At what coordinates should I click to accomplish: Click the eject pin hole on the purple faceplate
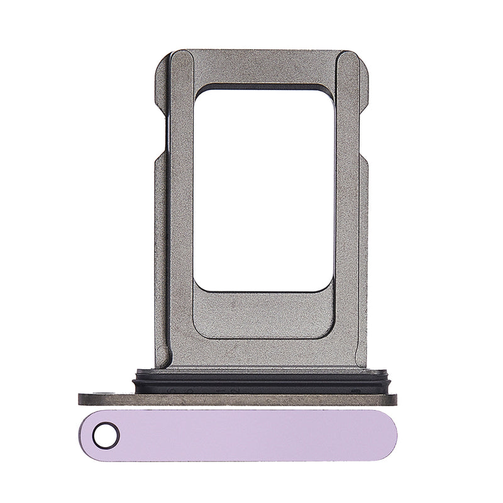(x=105, y=434)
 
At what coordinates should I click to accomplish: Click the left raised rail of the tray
(x=181, y=207)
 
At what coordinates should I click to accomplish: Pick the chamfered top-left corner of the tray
(x=162, y=58)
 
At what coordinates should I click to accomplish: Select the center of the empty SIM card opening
(x=264, y=189)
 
